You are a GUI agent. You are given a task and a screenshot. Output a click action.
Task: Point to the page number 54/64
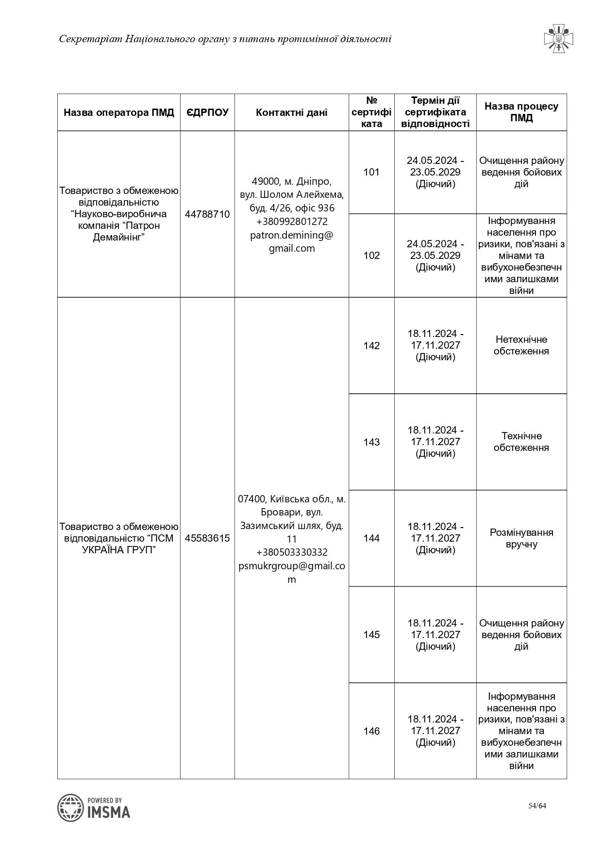[537, 806]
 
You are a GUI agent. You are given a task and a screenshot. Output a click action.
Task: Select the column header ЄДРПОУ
[207, 112]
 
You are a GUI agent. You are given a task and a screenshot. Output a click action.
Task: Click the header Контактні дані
[291, 112]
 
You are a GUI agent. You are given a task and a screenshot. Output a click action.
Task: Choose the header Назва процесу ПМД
[521, 112]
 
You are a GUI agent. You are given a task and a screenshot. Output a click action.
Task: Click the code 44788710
[207, 214]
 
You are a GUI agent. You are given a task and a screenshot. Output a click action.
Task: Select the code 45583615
[207, 538]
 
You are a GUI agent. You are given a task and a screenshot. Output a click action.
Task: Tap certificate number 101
[371, 172]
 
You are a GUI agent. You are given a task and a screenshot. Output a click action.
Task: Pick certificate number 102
[371, 256]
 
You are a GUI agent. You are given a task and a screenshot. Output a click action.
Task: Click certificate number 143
[371, 442]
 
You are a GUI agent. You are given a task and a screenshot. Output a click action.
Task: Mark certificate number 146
[371, 731]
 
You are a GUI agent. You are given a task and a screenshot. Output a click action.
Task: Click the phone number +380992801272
[292, 222]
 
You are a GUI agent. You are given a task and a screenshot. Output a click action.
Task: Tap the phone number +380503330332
[292, 552]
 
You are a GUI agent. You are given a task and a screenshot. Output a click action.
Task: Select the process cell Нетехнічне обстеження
[521, 345]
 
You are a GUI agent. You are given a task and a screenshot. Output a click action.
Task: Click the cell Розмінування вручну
[521, 538]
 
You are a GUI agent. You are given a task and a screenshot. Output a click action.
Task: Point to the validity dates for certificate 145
[435, 634]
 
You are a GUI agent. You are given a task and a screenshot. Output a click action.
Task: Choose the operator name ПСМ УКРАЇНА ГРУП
[119, 538]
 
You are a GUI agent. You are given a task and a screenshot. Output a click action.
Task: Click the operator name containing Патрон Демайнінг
[119, 214]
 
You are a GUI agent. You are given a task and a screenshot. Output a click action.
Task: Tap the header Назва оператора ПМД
[119, 112]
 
